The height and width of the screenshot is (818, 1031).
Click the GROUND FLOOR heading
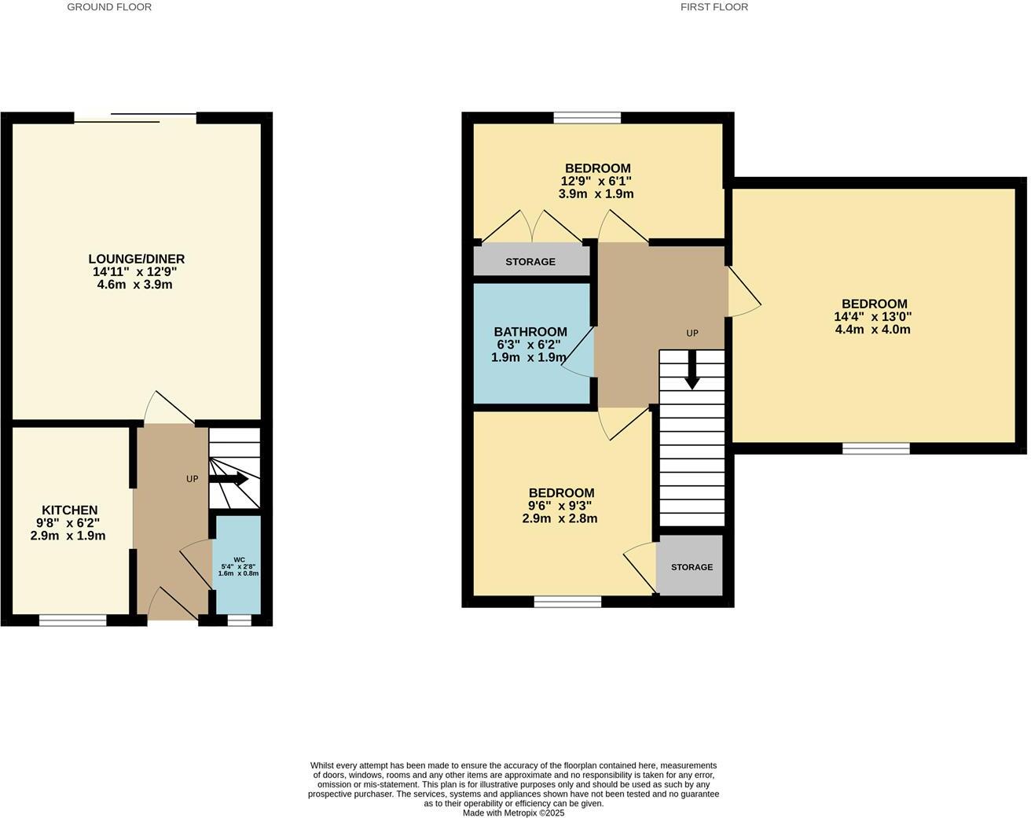click(109, 7)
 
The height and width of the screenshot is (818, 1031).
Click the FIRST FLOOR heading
click(714, 7)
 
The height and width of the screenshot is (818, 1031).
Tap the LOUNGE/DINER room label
click(136, 259)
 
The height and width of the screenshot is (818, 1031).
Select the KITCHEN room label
click(69, 510)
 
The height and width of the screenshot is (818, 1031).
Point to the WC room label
click(239, 559)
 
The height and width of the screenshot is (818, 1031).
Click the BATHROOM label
click(530, 332)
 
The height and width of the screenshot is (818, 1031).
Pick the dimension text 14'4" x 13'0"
click(872, 317)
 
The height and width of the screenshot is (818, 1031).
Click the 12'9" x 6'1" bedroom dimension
click(596, 181)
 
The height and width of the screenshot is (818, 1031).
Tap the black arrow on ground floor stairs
click(229, 479)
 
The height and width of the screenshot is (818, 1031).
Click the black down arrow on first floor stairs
click(692, 370)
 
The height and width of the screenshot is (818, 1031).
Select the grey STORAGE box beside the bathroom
click(530, 261)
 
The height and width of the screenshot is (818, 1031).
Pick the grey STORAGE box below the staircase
click(691, 566)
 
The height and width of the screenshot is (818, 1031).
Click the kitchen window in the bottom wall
click(72, 621)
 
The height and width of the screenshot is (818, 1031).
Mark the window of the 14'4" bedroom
click(876, 448)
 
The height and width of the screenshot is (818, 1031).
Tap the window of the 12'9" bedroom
click(587, 118)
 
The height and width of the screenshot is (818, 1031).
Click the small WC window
click(239, 621)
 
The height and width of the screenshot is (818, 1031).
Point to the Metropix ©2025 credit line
click(514, 813)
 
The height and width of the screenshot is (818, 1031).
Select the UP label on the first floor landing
click(692, 333)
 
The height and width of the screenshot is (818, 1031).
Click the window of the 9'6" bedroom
click(567, 602)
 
